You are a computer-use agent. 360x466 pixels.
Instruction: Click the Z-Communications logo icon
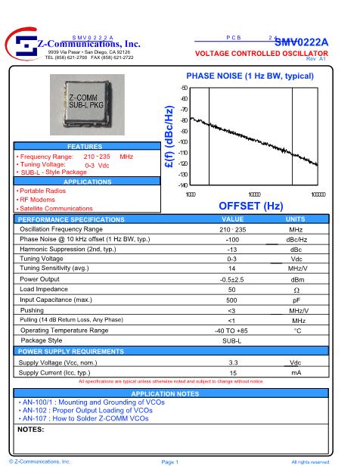pos(23,45)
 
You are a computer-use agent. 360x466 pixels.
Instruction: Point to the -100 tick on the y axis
pos(183,142)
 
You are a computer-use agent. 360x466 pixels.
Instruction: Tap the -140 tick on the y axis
pos(183,185)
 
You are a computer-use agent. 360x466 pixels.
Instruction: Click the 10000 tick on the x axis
pos(254,194)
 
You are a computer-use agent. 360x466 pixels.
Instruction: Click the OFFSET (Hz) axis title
pos(250,206)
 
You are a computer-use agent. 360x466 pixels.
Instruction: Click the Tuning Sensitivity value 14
pos(232,269)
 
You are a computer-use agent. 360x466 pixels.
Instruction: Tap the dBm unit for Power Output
pos(296,279)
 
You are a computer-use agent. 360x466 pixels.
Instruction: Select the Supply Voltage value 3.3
pos(232,362)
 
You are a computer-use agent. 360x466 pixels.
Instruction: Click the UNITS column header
pos(296,219)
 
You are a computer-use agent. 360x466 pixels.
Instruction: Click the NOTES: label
pos(31,429)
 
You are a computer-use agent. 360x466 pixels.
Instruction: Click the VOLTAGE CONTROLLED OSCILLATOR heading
pos(261,54)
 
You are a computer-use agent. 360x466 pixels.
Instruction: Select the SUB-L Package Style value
pos(232,341)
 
